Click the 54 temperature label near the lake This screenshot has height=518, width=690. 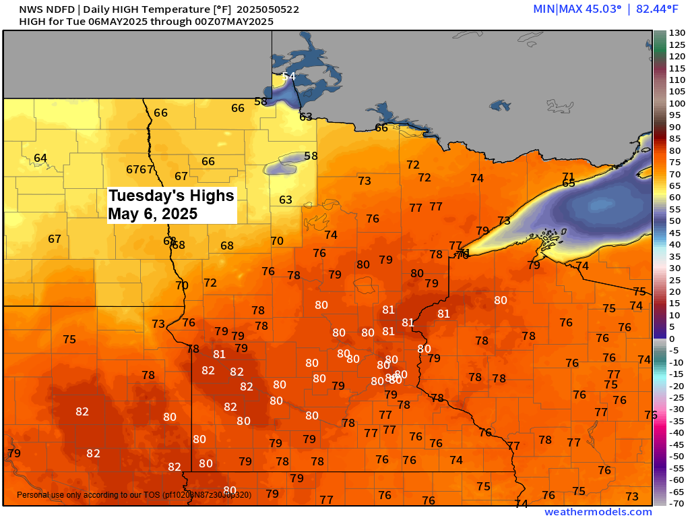tap(289, 76)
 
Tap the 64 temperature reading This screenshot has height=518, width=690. tap(40, 159)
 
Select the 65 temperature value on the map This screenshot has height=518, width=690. tap(569, 183)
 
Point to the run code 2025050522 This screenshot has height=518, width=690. tap(268, 9)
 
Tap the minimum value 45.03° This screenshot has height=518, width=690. tap(594, 9)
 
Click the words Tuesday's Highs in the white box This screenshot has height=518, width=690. tap(171, 196)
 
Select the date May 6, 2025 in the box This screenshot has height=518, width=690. tap(153, 214)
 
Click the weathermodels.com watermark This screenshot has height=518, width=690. tap(598, 512)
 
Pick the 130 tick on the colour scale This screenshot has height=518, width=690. tap(676, 33)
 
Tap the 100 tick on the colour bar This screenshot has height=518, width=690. tap(676, 103)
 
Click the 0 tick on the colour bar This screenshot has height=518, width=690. tap(671, 338)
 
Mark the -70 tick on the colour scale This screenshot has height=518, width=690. tap(676, 502)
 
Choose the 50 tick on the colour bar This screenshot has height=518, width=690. tap(674, 221)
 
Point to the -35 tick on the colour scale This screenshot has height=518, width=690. tap(676, 420)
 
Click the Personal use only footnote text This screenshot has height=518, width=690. tap(133, 495)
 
